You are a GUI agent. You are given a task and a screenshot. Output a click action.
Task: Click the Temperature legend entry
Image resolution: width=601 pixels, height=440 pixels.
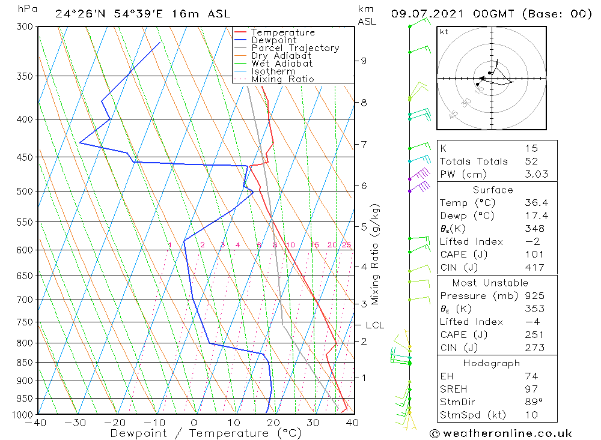coord(282,32)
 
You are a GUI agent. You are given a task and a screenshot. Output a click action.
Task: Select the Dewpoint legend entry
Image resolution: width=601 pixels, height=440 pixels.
coord(273,40)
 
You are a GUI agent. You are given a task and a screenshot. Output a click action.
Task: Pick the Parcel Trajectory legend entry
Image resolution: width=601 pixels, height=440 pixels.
coord(294,48)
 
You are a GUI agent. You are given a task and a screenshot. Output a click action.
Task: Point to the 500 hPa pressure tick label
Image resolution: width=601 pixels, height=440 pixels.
coord(25,191)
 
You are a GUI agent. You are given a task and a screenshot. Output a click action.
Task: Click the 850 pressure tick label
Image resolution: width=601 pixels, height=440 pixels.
coord(25,363)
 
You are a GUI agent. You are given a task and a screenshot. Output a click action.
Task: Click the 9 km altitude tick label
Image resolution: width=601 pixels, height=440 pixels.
coord(364,61)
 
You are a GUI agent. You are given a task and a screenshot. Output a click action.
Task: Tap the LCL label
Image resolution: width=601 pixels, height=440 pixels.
coord(374,325)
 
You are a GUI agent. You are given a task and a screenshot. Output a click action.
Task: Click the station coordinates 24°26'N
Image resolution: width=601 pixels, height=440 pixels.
coord(76,14)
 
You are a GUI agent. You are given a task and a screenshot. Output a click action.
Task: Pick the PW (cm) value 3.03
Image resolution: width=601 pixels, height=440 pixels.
coord(531,175)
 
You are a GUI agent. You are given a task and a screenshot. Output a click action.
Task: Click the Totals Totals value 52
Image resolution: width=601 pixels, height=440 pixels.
coord(531,161)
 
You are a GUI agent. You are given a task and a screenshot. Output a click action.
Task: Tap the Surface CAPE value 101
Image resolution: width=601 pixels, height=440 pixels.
coord(531,255)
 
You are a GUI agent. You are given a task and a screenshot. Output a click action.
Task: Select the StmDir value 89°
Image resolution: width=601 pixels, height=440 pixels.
coord(531,402)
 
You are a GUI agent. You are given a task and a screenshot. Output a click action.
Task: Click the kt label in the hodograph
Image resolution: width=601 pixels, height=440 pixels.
coord(444,32)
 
